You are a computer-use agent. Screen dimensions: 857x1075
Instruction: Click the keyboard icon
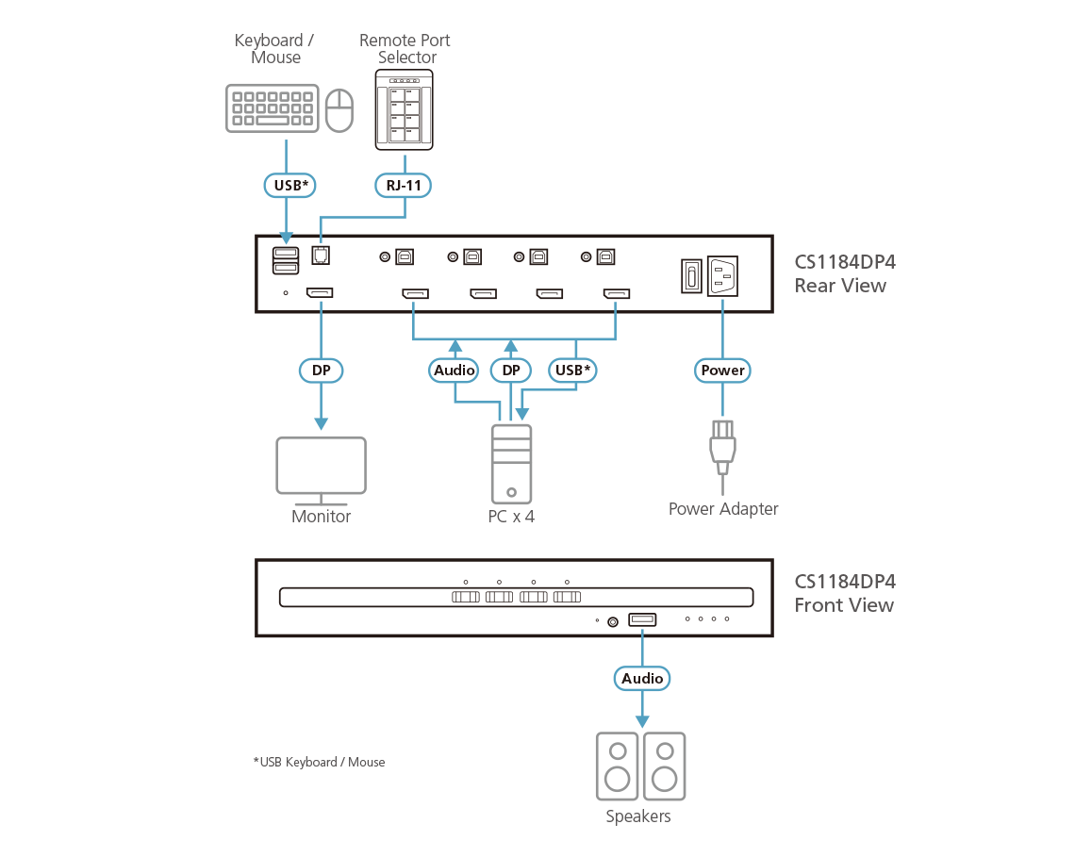[x=273, y=109]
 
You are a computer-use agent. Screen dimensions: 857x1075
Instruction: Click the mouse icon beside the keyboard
[x=339, y=110]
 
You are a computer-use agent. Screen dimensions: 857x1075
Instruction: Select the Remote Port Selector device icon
[x=405, y=110]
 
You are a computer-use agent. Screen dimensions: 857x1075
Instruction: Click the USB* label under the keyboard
[x=288, y=186]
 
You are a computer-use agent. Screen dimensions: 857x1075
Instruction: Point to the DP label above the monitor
[x=322, y=371]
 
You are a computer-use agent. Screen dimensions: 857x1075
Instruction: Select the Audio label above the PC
[x=455, y=371]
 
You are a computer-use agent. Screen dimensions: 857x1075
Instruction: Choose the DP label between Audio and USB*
[x=511, y=371]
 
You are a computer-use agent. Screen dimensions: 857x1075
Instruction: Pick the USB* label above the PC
[x=572, y=371]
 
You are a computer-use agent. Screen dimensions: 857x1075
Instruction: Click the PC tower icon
[x=511, y=463]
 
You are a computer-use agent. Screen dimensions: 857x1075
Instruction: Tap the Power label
[x=723, y=371]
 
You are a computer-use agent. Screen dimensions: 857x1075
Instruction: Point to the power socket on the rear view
[x=722, y=277]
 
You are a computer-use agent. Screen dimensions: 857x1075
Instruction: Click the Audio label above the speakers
[x=643, y=678]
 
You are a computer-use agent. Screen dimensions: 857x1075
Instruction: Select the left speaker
[x=617, y=766]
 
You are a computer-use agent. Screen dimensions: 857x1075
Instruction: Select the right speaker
[x=664, y=766]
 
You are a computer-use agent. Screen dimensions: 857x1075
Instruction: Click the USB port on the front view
[x=643, y=619]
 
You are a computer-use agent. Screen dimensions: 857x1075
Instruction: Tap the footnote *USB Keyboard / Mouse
[x=319, y=762]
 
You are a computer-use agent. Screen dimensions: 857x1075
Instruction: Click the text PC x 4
[x=511, y=517]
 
